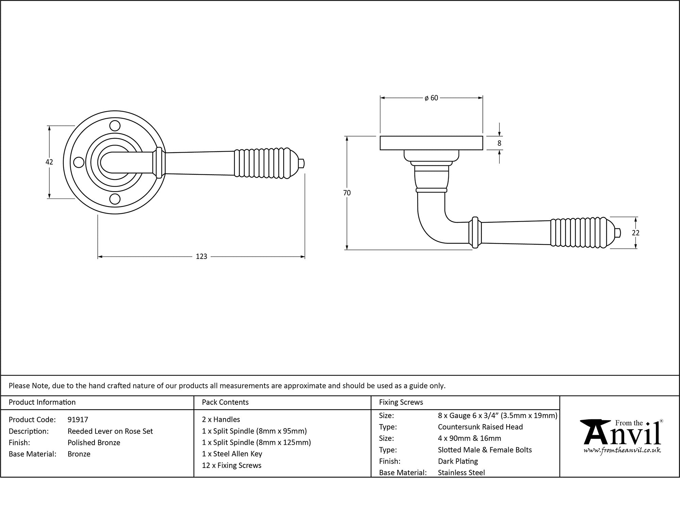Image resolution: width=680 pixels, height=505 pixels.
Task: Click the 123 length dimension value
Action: coord(202,257)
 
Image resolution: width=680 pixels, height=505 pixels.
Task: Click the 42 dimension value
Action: coord(49,162)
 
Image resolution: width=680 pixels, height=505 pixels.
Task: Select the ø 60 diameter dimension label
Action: coord(431,98)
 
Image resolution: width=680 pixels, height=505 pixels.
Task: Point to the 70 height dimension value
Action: coord(347,193)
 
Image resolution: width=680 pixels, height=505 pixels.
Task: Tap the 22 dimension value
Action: coord(635,233)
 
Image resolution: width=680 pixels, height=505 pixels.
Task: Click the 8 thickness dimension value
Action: coord(499,143)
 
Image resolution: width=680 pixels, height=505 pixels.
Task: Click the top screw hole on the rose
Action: coord(115,126)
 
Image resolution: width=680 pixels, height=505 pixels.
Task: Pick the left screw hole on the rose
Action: coord(79,162)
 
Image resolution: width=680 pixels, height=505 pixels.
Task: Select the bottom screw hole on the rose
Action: coord(115,199)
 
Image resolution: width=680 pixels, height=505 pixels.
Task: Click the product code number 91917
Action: coord(78,420)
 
